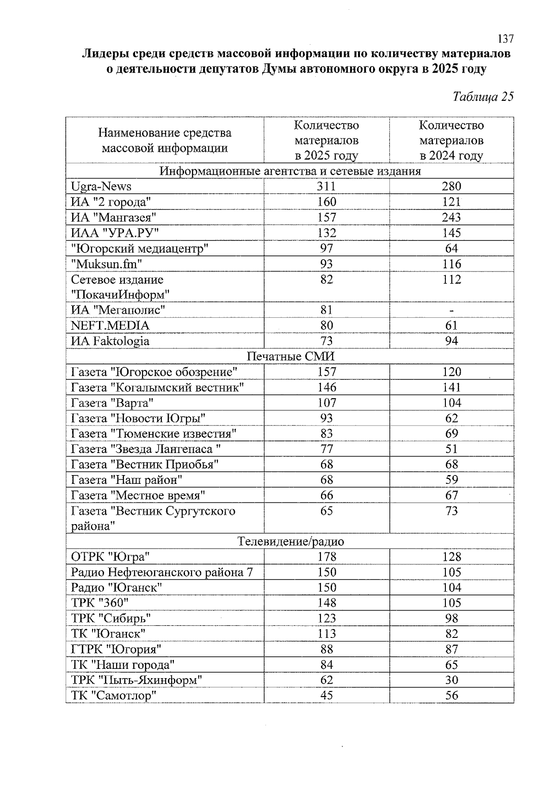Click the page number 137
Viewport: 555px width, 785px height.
click(x=506, y=39)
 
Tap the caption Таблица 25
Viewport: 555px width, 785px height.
click(x=483, y=97)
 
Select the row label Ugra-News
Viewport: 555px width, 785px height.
click(x=101, y=186)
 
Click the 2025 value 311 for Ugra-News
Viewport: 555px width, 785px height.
click(x=327, y=186)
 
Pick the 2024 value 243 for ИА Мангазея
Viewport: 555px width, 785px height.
click(x=451, y=217)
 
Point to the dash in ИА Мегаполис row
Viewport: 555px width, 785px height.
click(x=451, y=310)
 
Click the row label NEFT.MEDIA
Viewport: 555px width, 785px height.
click(x=110, y=326)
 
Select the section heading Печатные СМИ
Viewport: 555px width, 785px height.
click(x=290, y=357)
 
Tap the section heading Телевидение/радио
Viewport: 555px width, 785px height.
click(x=290, y=542)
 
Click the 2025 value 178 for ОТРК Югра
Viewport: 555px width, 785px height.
click(x=327, y=557)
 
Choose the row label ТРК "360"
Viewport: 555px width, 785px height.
click(x=99, y=603)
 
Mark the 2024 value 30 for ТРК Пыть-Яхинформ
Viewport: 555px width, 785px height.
click(x=451, y=680)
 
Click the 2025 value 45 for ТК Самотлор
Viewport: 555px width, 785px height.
click(x=327, y=695)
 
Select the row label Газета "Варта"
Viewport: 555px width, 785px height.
click(x=112, y=403)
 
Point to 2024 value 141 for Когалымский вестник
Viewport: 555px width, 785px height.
click(x=451, y=387)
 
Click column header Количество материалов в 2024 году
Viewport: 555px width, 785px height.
click(x=451, y=140)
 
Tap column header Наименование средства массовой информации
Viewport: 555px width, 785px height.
click(x=165, y=140)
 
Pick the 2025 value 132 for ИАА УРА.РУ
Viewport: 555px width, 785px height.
click(x=327, y=233)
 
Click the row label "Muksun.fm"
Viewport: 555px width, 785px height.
click(x=106, y=264)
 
